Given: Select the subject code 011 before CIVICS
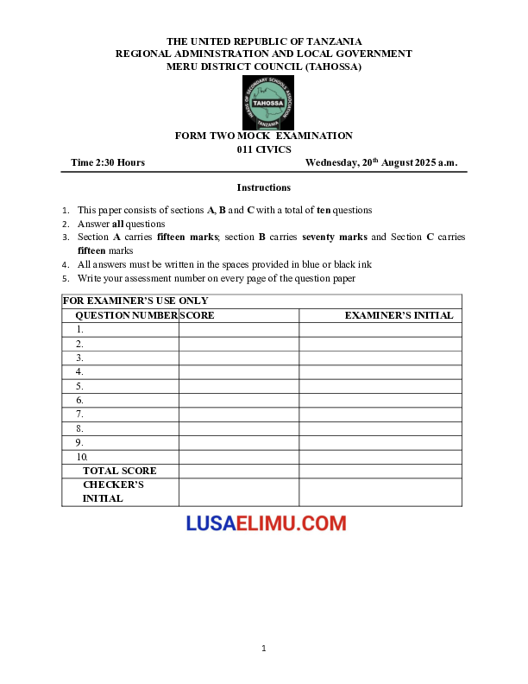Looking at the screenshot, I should tap(246, 149).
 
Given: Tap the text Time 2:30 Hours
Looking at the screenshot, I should tap(108, 162).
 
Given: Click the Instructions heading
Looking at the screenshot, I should tap(264, 187).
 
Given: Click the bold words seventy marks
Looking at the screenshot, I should tap(335, 237).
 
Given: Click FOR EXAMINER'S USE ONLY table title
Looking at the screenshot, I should tap(135, 301).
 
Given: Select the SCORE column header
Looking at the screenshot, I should tap(198, 315).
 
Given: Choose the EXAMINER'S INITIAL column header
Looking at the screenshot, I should tap(399, 315).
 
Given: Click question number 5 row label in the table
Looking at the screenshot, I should tap(79, 386).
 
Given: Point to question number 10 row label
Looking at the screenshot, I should tap(82, 457).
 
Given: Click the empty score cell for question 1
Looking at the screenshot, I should tap(238, 329).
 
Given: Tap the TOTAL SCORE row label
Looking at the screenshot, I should tap(120, 471).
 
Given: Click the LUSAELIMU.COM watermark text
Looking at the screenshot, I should tap(266, 523).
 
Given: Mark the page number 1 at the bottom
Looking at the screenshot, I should tap(264, 648).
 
